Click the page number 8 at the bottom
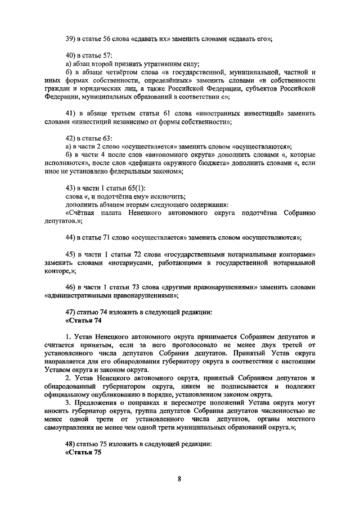pos(179,479)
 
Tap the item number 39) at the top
pos(71,38)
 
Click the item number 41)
pos(71,113)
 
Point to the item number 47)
pos(71,312)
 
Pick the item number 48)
pos(71,445)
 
